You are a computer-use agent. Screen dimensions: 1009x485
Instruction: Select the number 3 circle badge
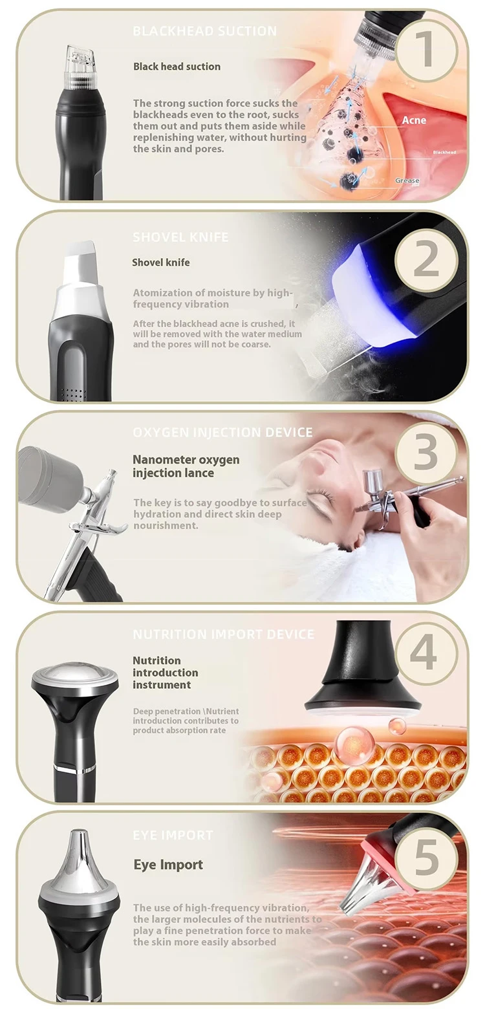pyautogui.click(x=426, y=453)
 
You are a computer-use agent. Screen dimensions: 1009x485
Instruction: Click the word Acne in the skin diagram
pyautogui.click(x=414, y=120)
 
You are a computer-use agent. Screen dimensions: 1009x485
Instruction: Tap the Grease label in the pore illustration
pyautogui.click(x=407, y=180)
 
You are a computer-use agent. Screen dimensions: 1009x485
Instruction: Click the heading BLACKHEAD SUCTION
pyautogui.click(x=204, y=31)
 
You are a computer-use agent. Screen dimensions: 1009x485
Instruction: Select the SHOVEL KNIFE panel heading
pyautogui.click(x=180, y=237)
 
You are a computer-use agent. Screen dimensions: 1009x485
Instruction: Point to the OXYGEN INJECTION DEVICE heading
pyautogui.click(x=222, y=432)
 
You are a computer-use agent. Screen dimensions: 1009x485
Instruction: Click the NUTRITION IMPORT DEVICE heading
pyautogui.click(x=223, y=635)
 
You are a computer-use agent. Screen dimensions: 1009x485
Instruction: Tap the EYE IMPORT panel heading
pyautogui.click(x=172, y=835)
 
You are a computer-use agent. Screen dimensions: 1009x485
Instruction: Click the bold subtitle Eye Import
pyautogui.click(x=168, y=865)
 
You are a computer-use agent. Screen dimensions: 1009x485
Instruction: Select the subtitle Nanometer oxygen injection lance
pyautogui.click(x=186, y=466)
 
